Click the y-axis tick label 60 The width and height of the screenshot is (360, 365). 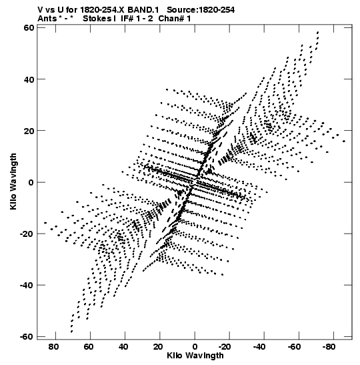click(x=29, y=28)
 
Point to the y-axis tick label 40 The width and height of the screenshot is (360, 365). click(x=29, y=79)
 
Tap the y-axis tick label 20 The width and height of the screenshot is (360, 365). click(x=29, y=131)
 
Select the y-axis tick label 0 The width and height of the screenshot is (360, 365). click(x=31, y=182)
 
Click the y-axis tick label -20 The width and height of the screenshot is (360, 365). click(x=27, y=234)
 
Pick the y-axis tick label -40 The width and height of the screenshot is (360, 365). click(x=27, y=285)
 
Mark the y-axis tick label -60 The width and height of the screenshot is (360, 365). click(x=27, y=336)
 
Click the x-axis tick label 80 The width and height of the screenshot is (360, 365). click(x=53, y=347)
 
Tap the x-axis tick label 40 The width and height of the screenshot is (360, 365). click(x=123, y=347)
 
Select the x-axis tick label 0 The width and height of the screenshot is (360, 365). click(x=195, y=347)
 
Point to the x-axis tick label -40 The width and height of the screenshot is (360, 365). click(x=259, y=347)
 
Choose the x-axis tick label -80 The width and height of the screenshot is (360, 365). click(x=329, y=347)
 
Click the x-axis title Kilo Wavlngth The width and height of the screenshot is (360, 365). click(x=195, y=356)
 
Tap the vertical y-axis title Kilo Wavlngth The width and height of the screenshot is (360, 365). click(x=13, y=181)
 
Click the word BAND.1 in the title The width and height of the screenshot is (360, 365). click(x=143, y=10)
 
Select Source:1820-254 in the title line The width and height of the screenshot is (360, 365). click(x=201, y=10)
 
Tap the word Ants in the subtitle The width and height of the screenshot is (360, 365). click(x=47, y=19)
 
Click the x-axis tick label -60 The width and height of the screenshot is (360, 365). click(x=294, y=347)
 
